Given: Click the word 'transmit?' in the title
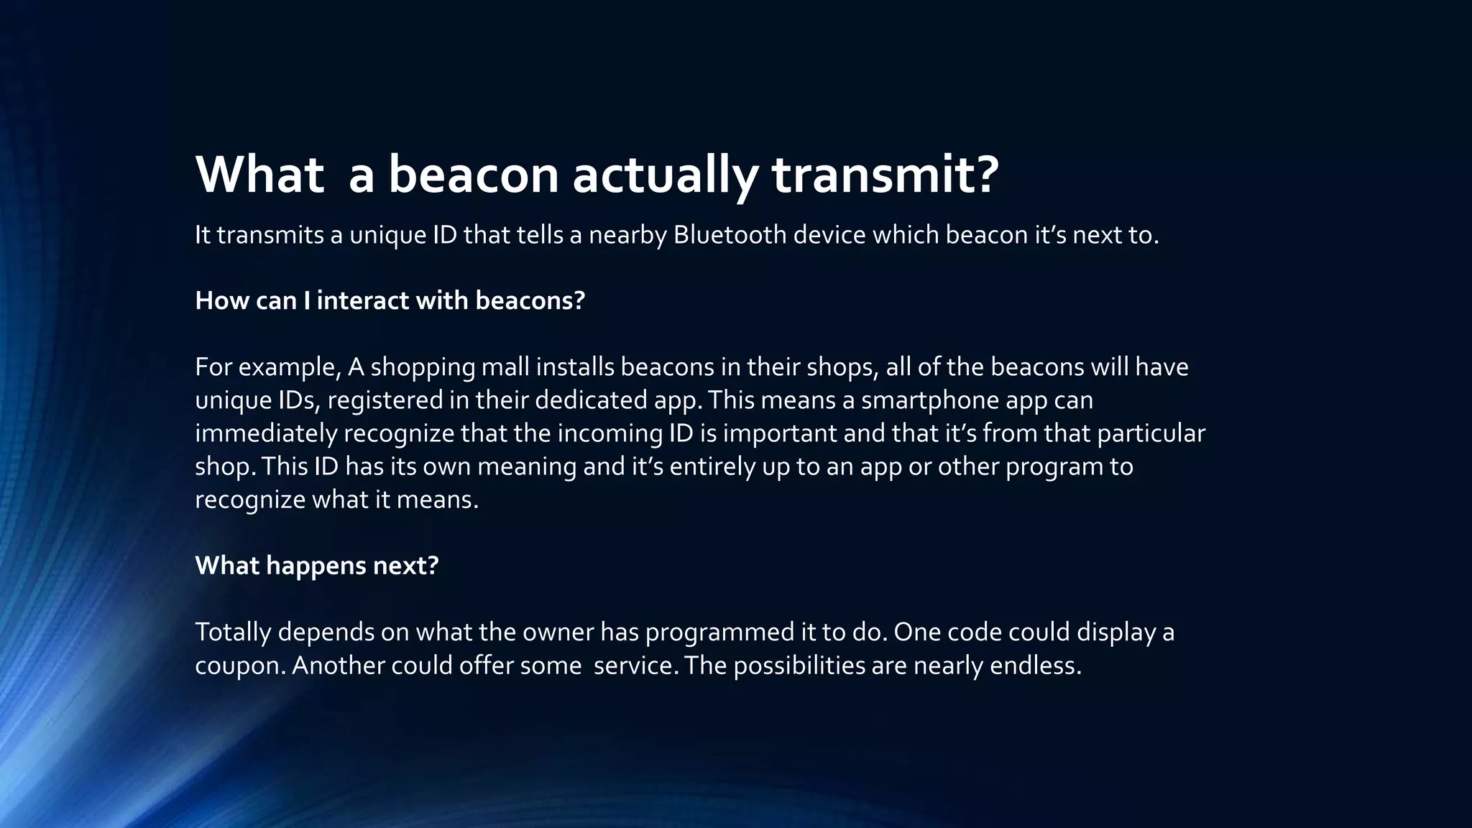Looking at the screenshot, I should (885, 175).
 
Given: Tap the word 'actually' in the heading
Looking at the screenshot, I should (664, 175).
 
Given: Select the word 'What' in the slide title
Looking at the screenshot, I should (259, 175).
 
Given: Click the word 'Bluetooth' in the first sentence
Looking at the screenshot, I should (730, 235).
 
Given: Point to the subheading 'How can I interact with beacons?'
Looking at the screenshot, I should (390, 300).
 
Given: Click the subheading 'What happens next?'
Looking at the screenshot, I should (316, 566).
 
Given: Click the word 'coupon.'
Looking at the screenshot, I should (240, 666).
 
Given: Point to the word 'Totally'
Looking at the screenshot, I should (233, 632).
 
